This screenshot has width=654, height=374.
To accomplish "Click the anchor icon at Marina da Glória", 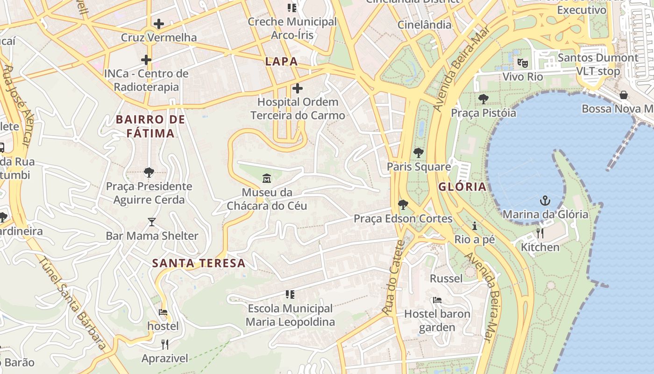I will pos(545,201).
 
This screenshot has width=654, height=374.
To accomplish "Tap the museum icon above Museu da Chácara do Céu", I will pos(267,178).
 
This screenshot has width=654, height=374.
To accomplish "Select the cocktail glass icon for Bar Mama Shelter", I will pos(152,222).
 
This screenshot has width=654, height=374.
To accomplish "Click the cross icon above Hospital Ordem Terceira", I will pos(297,88).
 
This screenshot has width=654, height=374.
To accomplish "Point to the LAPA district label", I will pos(281,61).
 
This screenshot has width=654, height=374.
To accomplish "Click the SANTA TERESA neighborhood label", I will pos(199,263).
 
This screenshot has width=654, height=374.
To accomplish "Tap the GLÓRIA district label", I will pos(462,187).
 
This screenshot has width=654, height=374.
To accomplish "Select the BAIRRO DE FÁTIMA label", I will pos(150,126).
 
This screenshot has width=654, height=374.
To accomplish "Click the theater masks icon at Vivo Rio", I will pos(522,62).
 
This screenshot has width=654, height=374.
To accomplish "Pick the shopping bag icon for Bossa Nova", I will pos(623,95).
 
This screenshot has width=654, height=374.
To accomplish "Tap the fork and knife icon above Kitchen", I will pos(540,233).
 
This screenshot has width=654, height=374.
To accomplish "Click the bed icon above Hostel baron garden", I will pos(437,300).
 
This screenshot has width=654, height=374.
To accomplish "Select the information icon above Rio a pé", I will pos(475,226).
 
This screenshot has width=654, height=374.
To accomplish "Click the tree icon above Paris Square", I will pos(418,152).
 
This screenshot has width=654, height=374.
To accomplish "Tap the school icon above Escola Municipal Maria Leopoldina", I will pos(290,295).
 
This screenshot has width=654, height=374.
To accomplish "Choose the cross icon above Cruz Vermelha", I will pos(159,23).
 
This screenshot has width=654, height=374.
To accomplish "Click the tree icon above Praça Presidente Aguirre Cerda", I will pos(149,173).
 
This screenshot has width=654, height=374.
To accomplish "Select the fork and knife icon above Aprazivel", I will pos(164,345).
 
